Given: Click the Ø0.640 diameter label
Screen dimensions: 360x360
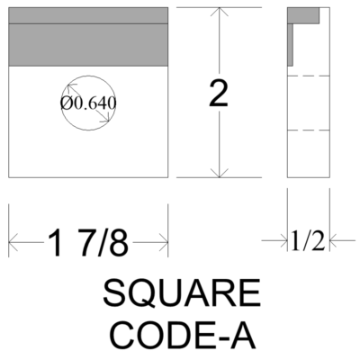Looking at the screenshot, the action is tap(88, 103).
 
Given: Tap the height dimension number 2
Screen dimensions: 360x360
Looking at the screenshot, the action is tap(219, 94).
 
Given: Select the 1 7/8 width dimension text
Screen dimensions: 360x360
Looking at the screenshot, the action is tap(88, 242).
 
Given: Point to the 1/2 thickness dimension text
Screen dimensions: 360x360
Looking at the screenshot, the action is tap(309, 241).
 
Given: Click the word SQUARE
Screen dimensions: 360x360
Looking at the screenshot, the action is tap(182, 292).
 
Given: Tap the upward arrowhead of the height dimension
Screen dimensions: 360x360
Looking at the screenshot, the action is tap(220, 12).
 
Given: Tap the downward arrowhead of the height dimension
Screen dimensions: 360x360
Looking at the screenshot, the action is tap(220, 173).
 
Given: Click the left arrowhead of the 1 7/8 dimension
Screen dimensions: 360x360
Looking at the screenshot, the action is tap(13, 242).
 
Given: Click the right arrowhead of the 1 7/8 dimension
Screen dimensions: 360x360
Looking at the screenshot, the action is tap(164, 242).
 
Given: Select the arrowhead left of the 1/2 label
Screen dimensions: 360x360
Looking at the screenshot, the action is tap(283, 240).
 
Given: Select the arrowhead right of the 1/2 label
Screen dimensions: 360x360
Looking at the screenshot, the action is tap(334, 240).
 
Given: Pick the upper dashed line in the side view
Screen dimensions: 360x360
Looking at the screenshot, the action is tap(309, 76).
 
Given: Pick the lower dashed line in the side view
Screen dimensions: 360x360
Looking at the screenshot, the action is tap(309, 130).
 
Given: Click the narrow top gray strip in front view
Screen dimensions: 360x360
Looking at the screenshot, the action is tap(88, 15).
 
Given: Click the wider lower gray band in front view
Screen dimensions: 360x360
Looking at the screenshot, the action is tap(88, 45).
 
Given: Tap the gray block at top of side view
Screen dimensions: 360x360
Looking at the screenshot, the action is tap(303, 15).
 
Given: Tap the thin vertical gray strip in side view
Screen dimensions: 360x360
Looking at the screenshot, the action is tap(290, 45).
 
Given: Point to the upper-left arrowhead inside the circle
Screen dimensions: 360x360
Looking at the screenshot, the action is tap(71, 88).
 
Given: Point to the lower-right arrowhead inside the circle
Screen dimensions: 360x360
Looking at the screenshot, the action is tap(105, 118).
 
